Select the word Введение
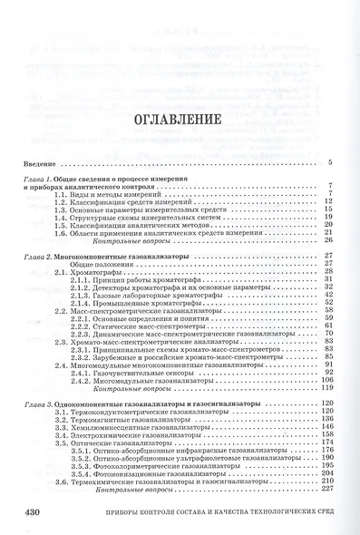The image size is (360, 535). pyautogui.click(x=39, y=163)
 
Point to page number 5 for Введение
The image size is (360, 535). pyautogui.click(x=330, y=163)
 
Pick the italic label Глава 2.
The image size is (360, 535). pyautogui.click(x=39, y=258)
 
